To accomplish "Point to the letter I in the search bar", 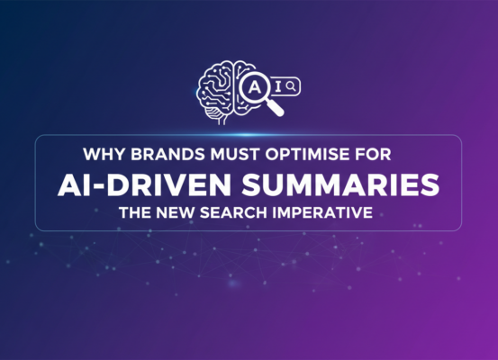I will [x=279, y=85].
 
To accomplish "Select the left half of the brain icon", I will [x=217, y=85].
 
